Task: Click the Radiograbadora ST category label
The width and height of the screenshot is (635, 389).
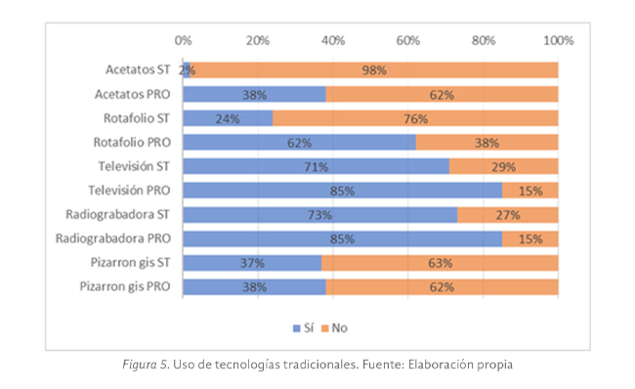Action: [118, 214]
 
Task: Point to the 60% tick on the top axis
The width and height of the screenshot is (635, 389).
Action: [408, 41]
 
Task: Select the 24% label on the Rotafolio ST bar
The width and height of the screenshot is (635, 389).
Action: [228, 118]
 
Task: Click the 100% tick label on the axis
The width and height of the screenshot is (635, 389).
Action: [558, 41]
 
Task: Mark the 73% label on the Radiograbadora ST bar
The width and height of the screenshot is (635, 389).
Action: [319, 214]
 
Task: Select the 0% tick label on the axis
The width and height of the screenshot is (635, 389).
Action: [183, 41]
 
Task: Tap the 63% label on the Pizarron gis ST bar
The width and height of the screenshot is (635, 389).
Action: [440, 263]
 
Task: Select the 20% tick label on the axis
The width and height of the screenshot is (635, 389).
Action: [258, 41]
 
